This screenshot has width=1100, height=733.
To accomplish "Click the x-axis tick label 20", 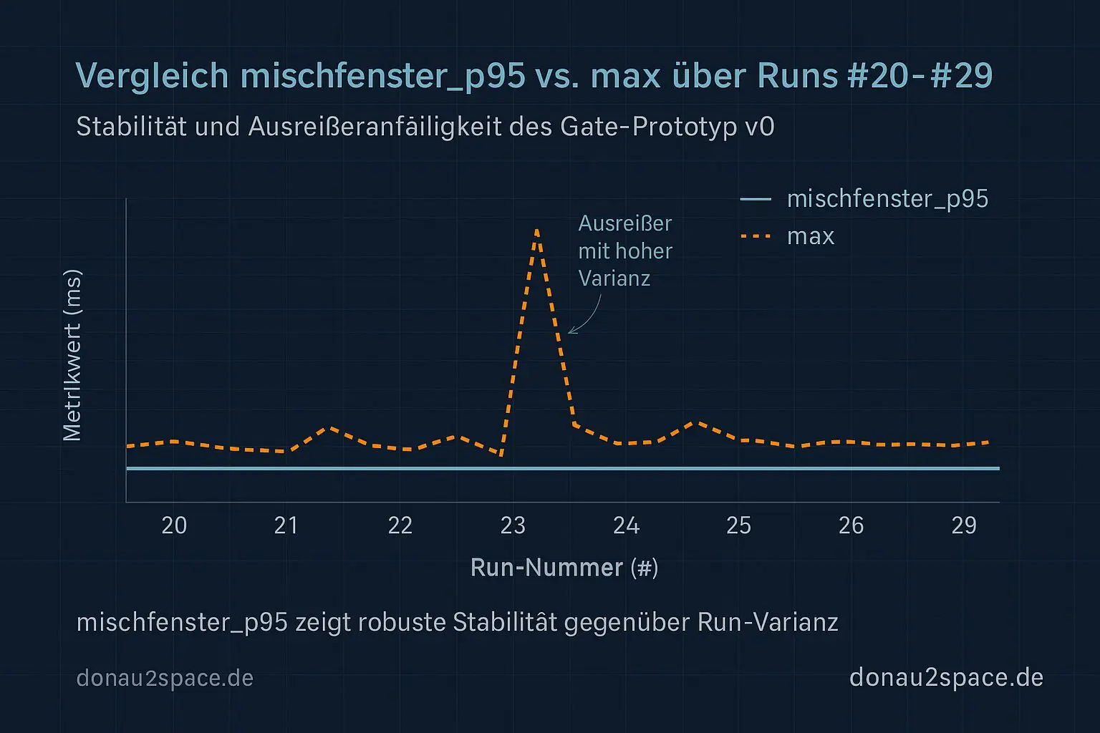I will coord(174,525).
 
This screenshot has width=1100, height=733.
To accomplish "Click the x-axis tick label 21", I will coord(286,525).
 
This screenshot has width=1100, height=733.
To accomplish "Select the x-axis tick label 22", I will coord(400,525).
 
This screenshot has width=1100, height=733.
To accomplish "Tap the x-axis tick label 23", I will coord(513,525).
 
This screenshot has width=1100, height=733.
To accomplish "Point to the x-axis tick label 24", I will coord(626,525).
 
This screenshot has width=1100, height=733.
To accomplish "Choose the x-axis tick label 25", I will coord(738,525).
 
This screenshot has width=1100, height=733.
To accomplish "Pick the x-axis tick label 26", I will coord(851,525).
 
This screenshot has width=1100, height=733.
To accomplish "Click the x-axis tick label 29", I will coord(964,525).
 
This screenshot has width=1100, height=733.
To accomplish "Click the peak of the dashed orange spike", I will coord(536,230).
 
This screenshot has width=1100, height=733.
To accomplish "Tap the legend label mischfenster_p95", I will coord(887,199).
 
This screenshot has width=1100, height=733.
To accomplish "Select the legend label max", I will coord(811,236).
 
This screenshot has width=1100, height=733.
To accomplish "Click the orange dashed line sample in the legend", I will coord(756,236).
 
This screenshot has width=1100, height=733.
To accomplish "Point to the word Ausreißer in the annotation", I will coord(624,223).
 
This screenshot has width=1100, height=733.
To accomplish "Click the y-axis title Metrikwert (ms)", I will coord(72,355).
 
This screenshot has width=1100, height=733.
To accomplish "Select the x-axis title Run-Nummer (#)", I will coord(564,568).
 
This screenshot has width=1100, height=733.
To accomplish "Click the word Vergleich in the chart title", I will coord(152,76).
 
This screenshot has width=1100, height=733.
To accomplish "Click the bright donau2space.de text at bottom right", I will coord(946,677).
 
